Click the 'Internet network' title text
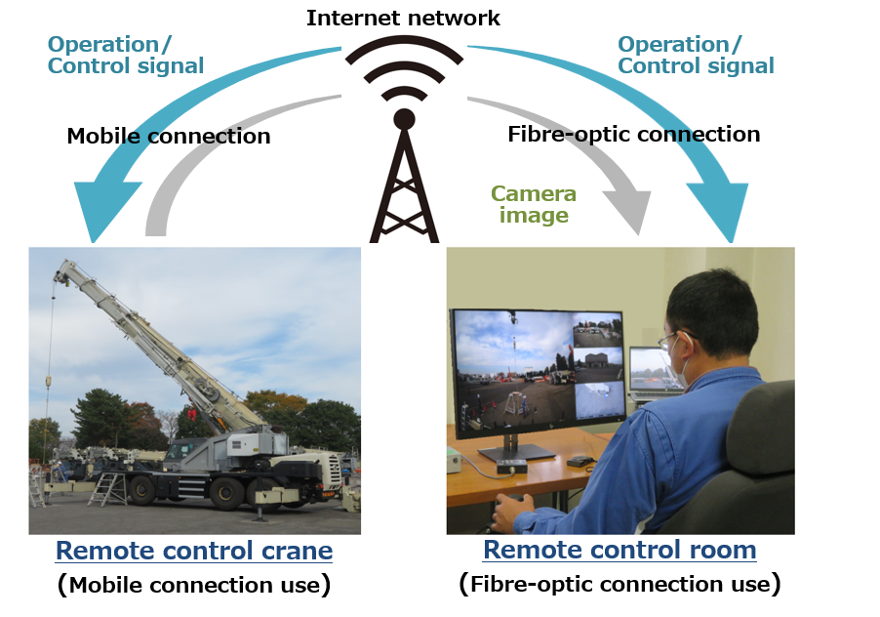tap(403, 18)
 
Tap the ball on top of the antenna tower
tap(404, 119)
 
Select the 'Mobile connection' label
tap(169, 136)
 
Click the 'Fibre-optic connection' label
tap(633, 135)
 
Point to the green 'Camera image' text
tap(533, 204)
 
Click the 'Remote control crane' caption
tap(194, 551)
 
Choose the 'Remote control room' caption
tap(620, 550)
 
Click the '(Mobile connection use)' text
tap(194, 585)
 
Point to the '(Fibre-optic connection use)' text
tap(620, 584)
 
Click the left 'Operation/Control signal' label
tap(126, 55)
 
